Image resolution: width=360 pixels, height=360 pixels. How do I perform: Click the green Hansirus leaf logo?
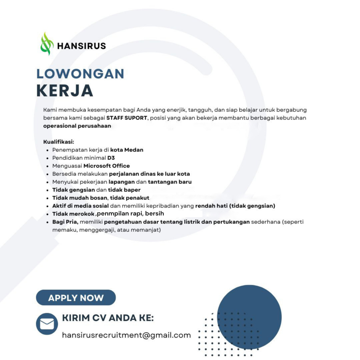coord(47,44)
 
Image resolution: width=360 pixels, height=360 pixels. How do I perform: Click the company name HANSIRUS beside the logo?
coord(81,46)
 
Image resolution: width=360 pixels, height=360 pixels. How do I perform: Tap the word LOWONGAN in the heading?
coord(80,74)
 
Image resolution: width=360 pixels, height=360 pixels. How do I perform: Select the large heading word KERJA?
coord(65,91)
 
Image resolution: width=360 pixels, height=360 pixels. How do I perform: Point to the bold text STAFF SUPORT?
coord(127,118)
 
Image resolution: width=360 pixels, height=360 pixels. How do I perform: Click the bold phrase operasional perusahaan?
coord(77,126)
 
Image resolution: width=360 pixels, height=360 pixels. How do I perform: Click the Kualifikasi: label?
coord(58,142)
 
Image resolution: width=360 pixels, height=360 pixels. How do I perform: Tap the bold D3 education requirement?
coord(111,158)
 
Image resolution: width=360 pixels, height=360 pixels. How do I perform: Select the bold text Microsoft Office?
coord(107,166)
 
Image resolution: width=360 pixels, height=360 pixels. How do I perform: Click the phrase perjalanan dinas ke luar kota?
coord(149,174)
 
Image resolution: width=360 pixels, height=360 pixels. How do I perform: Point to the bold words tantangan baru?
coord(169,182)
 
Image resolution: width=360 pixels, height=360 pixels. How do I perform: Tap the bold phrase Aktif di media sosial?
coord(81,206)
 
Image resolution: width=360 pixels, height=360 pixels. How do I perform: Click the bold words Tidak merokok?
coord(73,214)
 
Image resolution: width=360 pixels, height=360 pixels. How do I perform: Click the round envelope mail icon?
coord(47,324)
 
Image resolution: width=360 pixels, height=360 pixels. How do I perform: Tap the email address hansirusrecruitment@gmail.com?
coord(126,335)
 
